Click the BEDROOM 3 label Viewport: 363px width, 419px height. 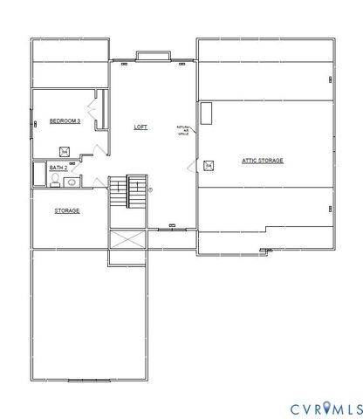[65, 120]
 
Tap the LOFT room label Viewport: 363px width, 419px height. [140, 127]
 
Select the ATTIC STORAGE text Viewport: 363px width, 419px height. [262, 161]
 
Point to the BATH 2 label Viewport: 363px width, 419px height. [58, 168]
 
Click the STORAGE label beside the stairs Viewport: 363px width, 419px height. [67, 210]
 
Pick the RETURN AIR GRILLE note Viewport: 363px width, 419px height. [183, 129]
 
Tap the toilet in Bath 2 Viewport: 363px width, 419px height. [54, 182]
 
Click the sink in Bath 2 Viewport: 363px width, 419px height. [71, 182]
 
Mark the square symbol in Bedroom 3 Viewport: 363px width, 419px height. [65, 149]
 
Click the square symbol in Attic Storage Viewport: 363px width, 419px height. [208, 165]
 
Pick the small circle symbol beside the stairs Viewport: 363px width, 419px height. [150, 189]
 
